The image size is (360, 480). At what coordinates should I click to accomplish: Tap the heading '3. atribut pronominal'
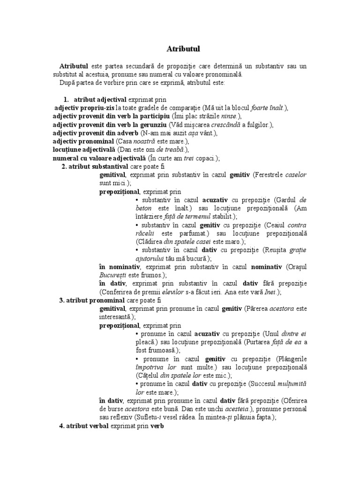point(91,300)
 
